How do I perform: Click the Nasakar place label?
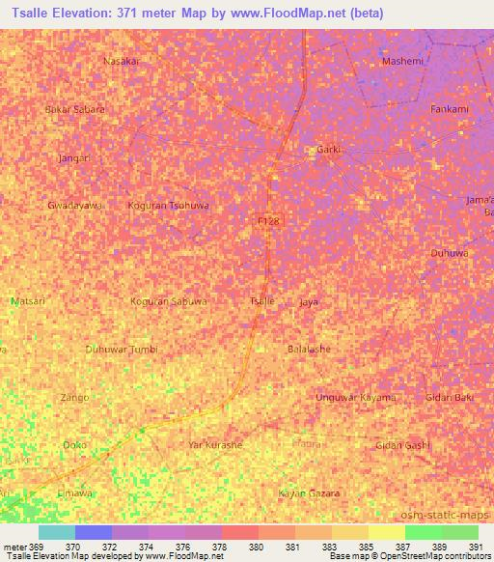point(122,60)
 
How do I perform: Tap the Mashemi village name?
point(402,61)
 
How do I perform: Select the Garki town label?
point(330,150)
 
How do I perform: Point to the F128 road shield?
point(270,221)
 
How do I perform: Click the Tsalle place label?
point(262,301)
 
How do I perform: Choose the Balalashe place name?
point(309,349)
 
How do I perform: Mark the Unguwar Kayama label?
point(356,398)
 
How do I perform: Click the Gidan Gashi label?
point(402,444)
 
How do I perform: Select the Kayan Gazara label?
point(310,493)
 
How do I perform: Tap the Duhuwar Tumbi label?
point(122,349)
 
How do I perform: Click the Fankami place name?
point(450,109)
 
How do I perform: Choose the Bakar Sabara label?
point(75,109)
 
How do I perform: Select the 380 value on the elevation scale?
point(256,547)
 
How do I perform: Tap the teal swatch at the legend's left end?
point(57,532)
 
